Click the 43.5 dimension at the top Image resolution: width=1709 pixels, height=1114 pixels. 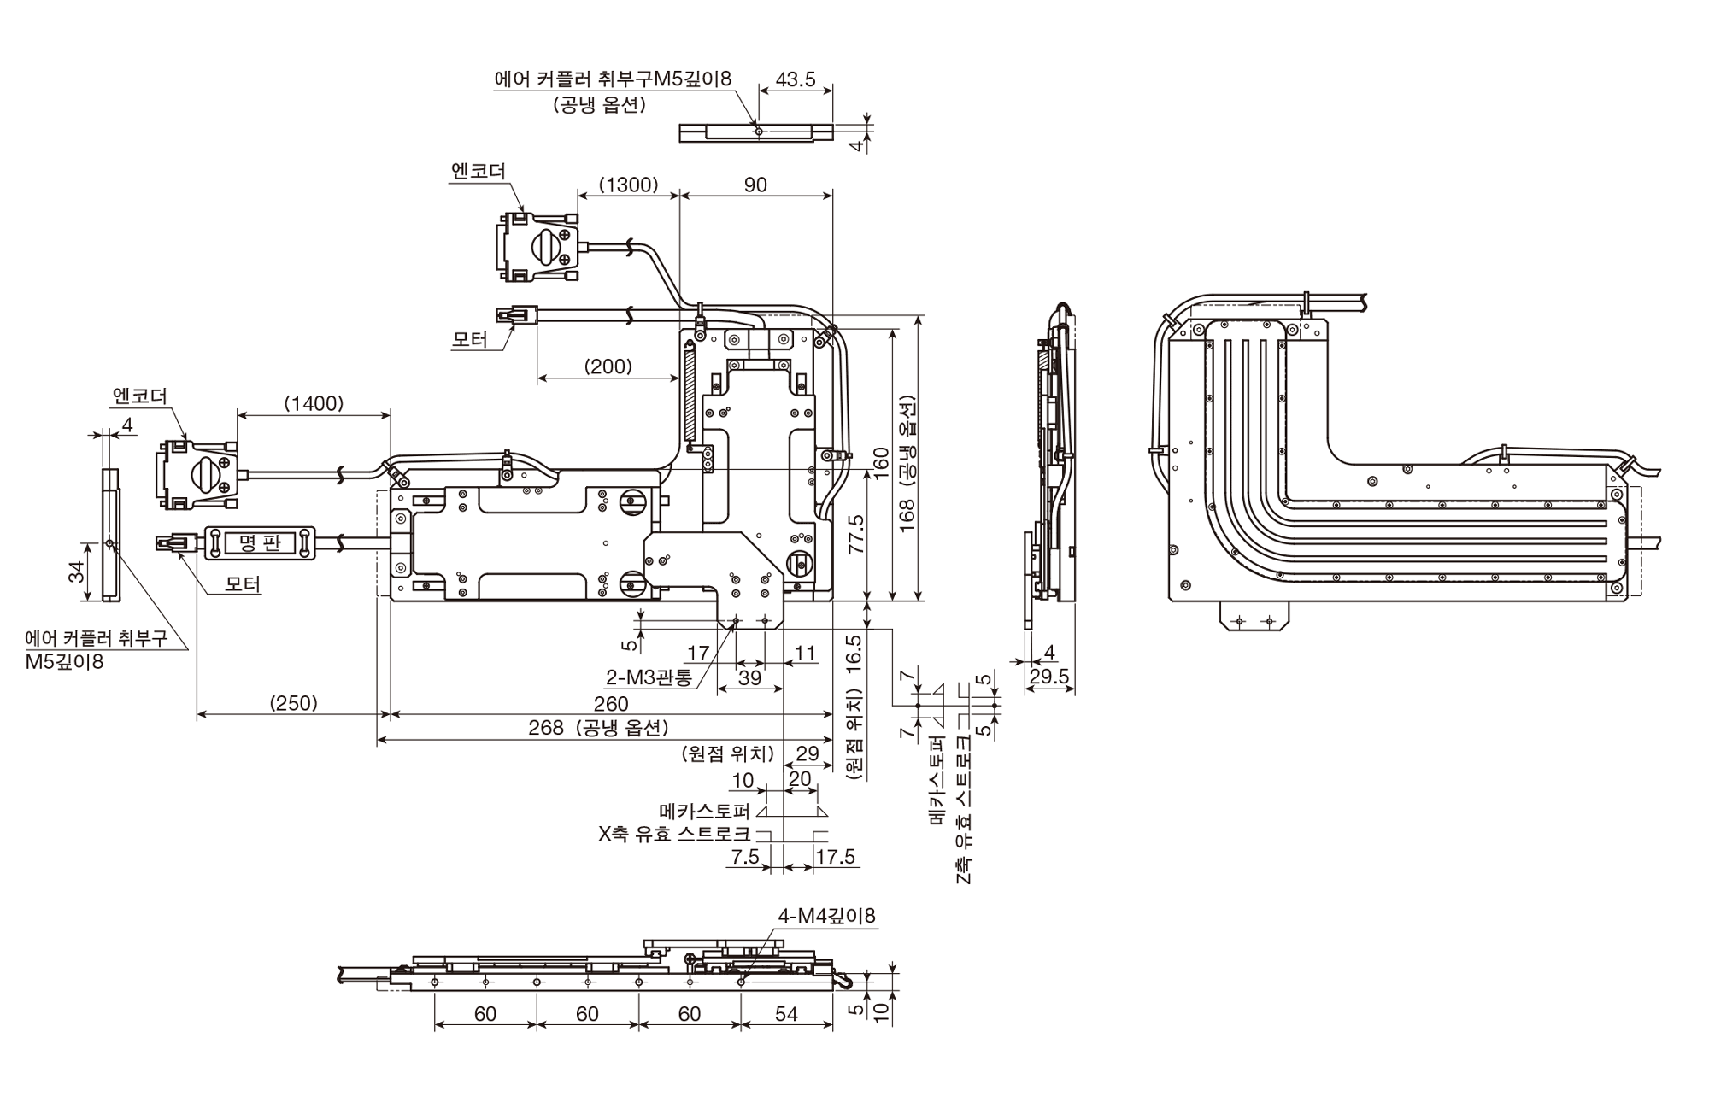(x=795, y=79)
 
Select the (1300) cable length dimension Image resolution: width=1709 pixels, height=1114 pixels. (x=628, y=185)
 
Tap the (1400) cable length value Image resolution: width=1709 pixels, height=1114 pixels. (x=314, y=403)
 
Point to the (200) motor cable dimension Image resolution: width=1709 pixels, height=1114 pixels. (x=608, y=366)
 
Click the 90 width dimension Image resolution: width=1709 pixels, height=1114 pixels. (x=755, y=185)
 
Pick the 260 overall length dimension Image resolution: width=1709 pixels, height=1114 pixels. (x=611, y=704)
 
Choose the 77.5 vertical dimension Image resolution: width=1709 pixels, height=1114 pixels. (x=856, y=534)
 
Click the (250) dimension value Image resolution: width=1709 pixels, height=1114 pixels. (x=293, y=703)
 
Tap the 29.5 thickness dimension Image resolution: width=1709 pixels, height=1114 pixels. (x=1049, y=677)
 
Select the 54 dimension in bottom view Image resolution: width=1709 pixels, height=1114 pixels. (x=786, y=1014)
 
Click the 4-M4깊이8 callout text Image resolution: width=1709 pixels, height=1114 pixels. (x=826, y=916)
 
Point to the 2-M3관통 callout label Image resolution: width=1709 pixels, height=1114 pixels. (x=649, y=678)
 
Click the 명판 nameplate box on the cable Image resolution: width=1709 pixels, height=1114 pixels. (x=260, y=542)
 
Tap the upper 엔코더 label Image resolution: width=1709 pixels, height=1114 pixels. (x=479, y=171)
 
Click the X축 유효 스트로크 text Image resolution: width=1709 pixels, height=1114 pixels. (x=674, y=834)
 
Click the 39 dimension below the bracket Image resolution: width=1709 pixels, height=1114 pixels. (x=749, y=677)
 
